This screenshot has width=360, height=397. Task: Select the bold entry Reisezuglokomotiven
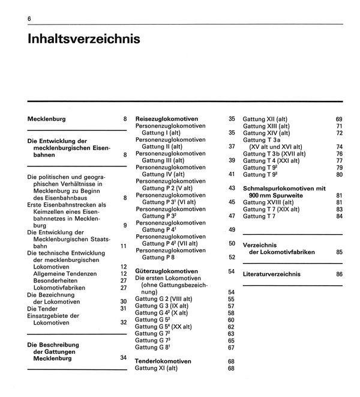coord(167,119)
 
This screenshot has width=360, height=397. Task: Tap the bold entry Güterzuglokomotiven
coord(166,271)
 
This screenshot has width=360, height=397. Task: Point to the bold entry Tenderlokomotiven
coord(163,361)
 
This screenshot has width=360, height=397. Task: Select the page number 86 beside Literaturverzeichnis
coord(340,274)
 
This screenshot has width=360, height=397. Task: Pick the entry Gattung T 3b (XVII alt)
coord(274,154)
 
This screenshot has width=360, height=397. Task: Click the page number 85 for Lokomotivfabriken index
coord(340,252)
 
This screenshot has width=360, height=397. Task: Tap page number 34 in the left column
coord(124,358)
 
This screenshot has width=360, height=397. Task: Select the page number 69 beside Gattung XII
coord(340,119)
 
